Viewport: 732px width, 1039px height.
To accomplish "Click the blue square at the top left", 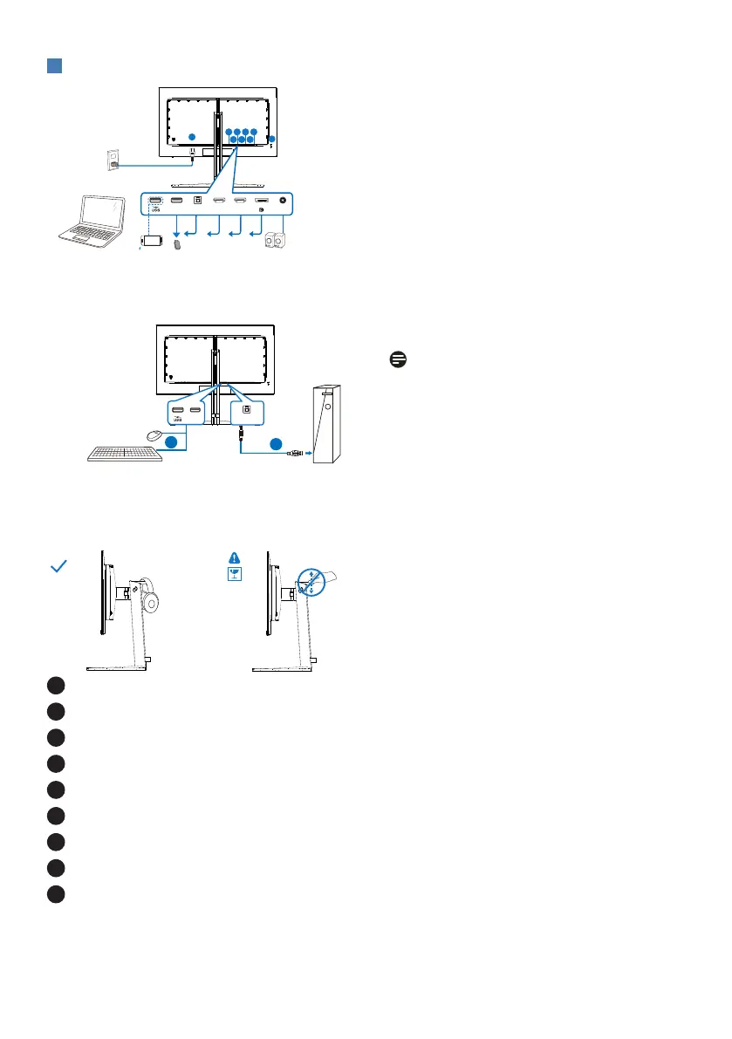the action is click(53, 66).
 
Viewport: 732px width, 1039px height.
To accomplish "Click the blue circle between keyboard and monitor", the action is click(174, 442).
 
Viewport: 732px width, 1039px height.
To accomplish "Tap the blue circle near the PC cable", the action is click(275, 442).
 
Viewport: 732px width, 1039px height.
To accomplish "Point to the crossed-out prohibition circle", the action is click(311, 582).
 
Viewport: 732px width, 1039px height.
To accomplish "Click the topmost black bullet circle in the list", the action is click(57, 686).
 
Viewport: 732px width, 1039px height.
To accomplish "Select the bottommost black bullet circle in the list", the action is click(57, 892).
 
